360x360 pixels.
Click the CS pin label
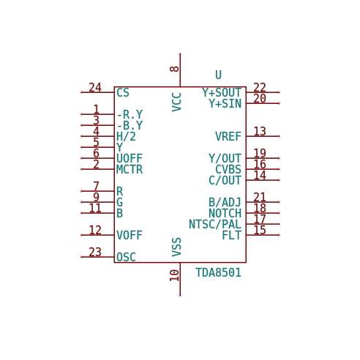123,93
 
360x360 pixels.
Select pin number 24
95,87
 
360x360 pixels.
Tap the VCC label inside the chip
176,102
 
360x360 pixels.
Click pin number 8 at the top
174,69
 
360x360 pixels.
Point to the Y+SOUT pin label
222,93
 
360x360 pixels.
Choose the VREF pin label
228,136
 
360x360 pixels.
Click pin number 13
260,131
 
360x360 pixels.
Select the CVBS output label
228,169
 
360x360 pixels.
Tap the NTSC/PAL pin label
215,225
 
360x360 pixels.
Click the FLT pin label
232,235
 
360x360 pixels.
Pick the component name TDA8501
218,272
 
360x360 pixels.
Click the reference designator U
218,75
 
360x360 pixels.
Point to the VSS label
176,247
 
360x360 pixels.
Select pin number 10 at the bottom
174,275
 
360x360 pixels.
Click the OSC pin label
126,257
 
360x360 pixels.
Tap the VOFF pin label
130,235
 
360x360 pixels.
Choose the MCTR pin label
130,169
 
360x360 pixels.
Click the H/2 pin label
126,136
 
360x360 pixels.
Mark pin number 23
95,252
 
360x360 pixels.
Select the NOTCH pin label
225,213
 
